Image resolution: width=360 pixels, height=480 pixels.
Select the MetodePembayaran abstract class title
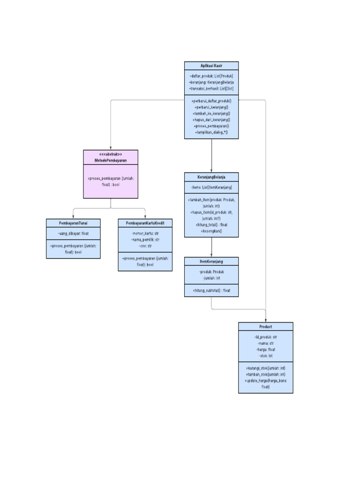(x=111, y=160)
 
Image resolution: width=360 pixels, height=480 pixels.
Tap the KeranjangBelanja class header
(x=211, y=177)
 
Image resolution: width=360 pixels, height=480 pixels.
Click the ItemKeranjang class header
(x=211, y=261)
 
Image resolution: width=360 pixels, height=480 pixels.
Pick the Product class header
(x=265, y=326)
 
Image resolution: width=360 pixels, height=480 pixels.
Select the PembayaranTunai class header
(x=73, y=223)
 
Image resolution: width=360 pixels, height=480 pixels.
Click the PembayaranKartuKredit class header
(x=145, y=223)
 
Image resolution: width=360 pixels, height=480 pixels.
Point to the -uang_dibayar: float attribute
(x=73, y=233)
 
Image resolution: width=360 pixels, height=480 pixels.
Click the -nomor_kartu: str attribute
(x=145, y=233)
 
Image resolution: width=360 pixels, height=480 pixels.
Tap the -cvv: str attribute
(x=145, y=245)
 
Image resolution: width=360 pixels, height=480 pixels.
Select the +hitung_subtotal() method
(x=211, y=291)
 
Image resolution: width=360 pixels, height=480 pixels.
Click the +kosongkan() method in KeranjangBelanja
(x=211, y=231)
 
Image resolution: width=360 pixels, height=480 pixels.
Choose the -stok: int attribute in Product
(x=265, y=356)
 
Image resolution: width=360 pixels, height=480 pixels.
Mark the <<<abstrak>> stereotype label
(x=111, y=154)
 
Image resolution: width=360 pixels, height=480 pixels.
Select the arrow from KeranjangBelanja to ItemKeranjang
(x=211, y=247)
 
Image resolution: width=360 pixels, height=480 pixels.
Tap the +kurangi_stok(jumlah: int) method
(x=265, y=368)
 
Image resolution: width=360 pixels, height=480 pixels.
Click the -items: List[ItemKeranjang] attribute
(x=211, y=187)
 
